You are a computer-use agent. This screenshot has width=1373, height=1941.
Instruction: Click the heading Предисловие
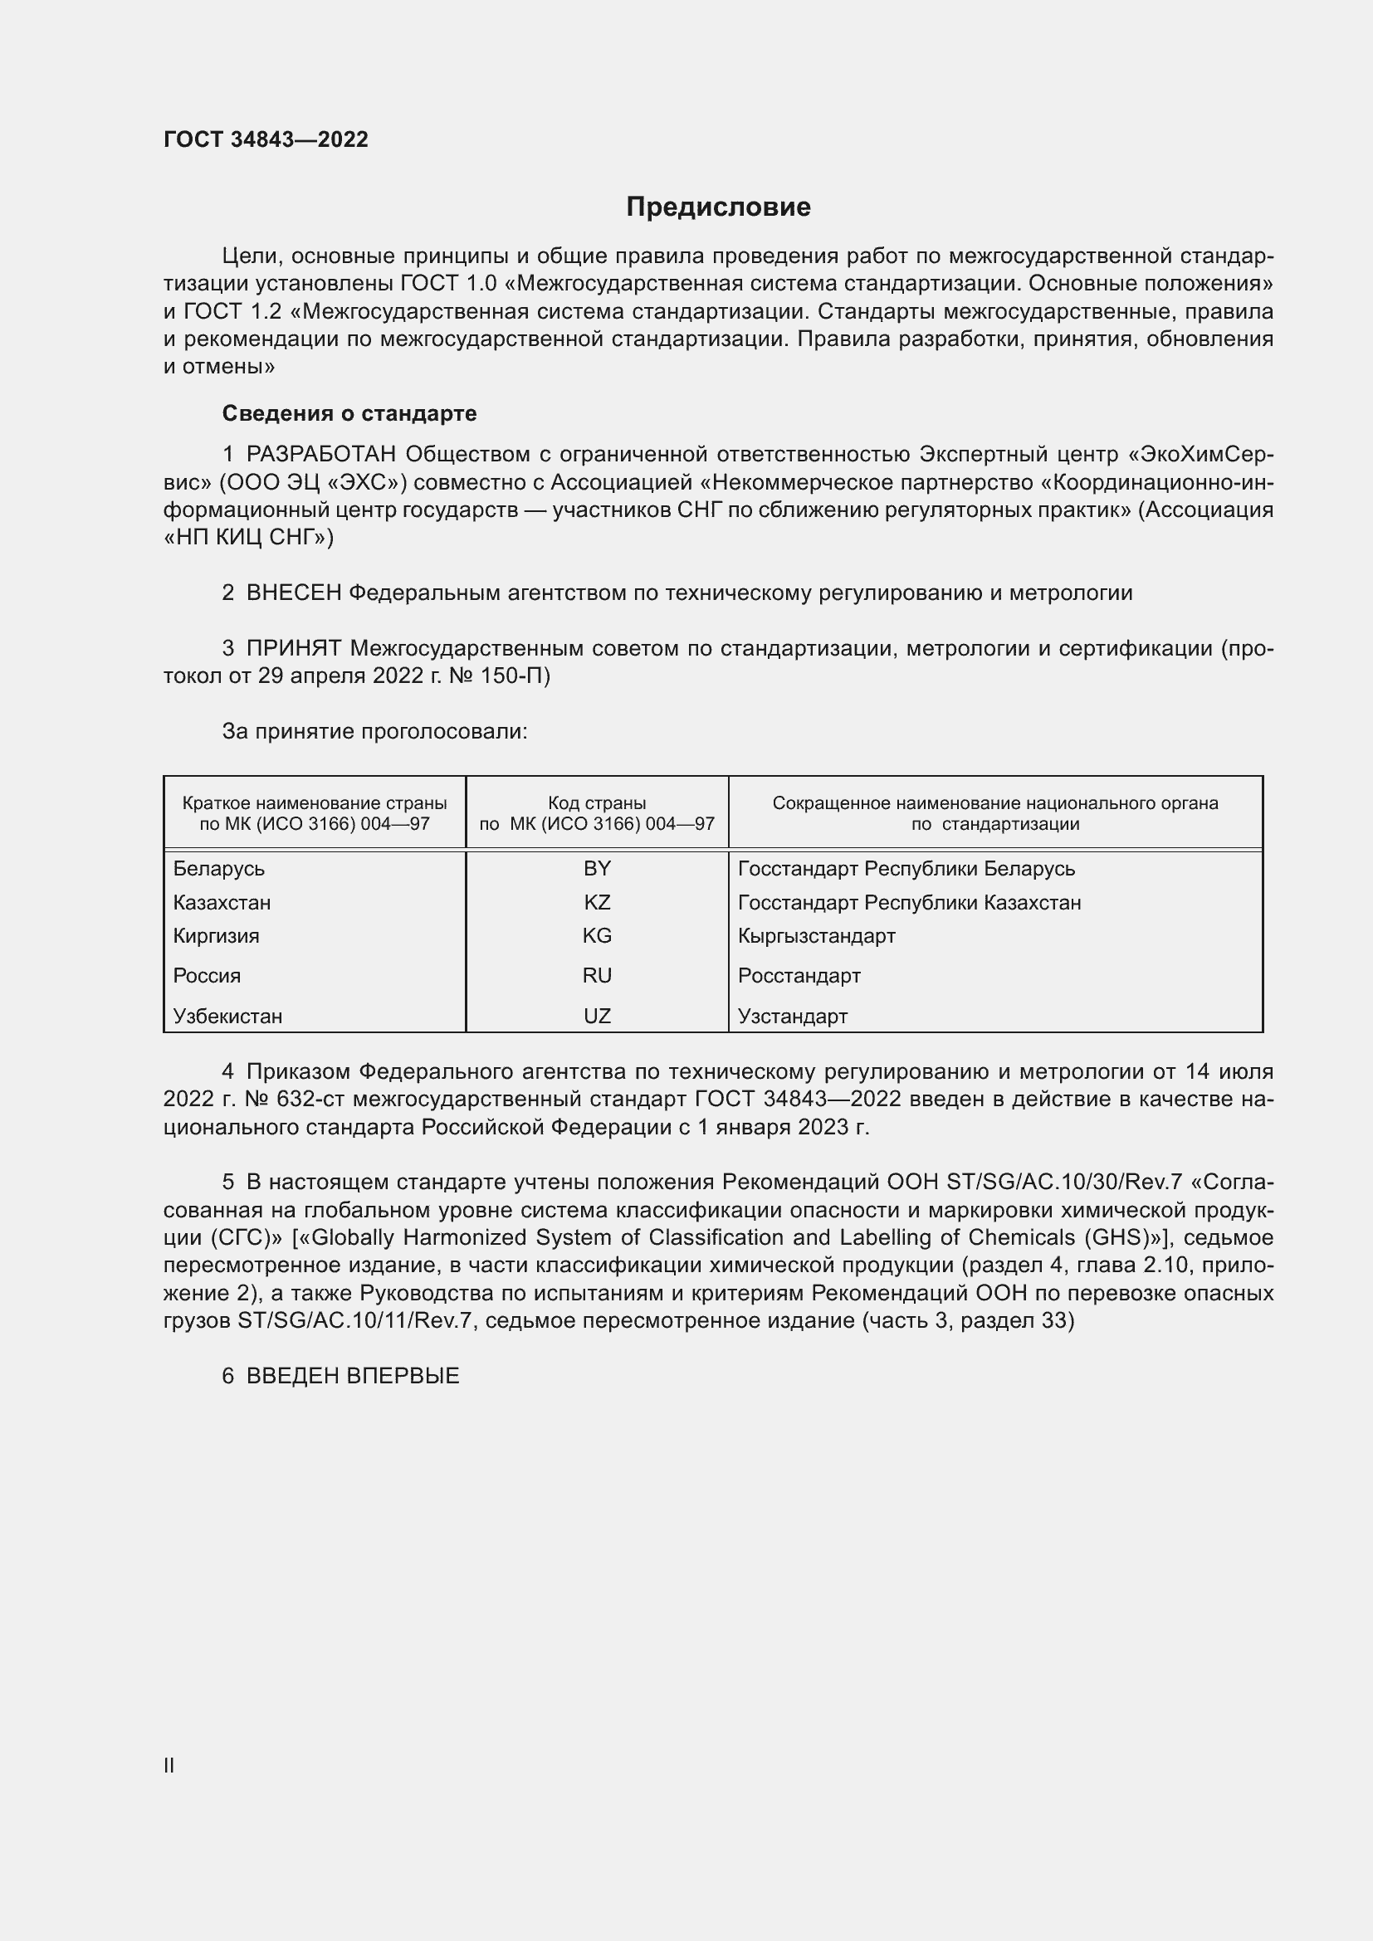(718, 207)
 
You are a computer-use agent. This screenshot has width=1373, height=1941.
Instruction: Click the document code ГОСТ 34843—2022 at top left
(266, 139)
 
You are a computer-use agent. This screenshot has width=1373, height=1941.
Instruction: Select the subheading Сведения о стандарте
(349, 413)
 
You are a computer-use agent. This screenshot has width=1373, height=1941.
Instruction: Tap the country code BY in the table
(597, 868)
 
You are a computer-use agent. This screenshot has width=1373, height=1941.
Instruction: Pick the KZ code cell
(597, 902)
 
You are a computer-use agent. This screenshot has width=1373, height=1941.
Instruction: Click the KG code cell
(597, 936)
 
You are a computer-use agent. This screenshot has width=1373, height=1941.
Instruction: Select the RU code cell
(597, 976)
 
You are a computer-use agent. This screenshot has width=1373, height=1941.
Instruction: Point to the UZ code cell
(597, 1017)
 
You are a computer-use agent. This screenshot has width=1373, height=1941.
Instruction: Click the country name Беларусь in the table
(219, 869)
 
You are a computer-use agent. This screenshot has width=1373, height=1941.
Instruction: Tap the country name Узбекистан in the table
(227, 1017)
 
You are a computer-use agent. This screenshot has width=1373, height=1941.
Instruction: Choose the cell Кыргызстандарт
(816, 936)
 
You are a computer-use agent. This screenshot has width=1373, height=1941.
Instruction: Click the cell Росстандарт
(799, 976)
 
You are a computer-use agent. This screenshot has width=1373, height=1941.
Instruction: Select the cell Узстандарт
(792, 1017)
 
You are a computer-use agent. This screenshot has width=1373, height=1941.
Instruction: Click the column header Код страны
(597, 803)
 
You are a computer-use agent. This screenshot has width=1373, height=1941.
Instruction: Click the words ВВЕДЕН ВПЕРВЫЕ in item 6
(353, 1375)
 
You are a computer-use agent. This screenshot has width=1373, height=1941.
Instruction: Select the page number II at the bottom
(169, 1765)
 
